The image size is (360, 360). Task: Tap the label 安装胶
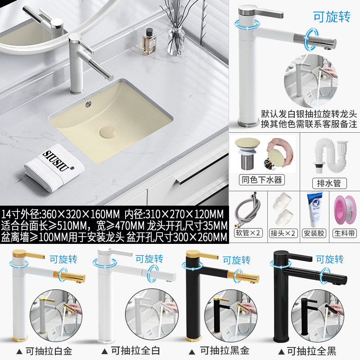point(314,233)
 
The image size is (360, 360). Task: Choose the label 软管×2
point(248,233)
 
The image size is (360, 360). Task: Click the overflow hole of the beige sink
point(88,105)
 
